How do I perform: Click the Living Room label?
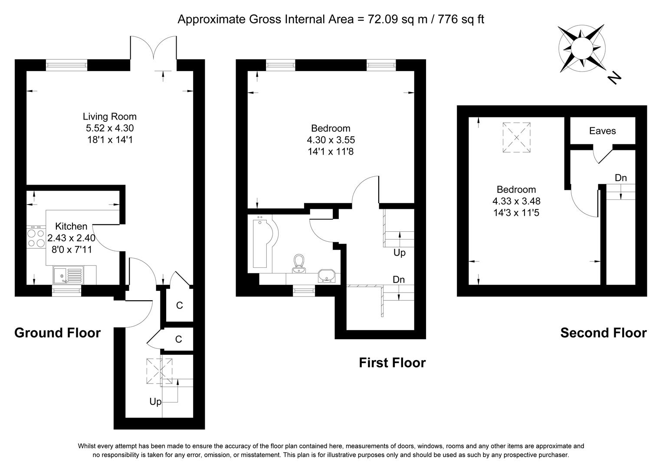click(x=109, y=117)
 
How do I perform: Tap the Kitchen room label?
click(x=71, y=226)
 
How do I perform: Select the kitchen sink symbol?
click(x=68, y=275)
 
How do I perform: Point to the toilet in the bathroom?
click(x=298, y=261)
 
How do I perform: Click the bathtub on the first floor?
click(x=262, y=244)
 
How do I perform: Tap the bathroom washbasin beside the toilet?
click(x=326, y=275)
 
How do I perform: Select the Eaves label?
click(x=602, y=131)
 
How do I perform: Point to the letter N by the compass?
click(x=614, y=78)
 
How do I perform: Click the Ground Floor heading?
click(x=57, y=333)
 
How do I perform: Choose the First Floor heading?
click(x=392, y=363)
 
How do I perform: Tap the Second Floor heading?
click(x=603, y=333)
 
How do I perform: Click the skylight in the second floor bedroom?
click(x=516, y=137)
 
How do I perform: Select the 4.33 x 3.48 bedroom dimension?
click(x=516, y=201)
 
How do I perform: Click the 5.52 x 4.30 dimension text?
click(x=109, y=128)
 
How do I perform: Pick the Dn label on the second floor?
click(x=620, y=178)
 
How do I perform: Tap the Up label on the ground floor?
click(x=155, y=402)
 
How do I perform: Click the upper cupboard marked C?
click(x=179, y=305)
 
